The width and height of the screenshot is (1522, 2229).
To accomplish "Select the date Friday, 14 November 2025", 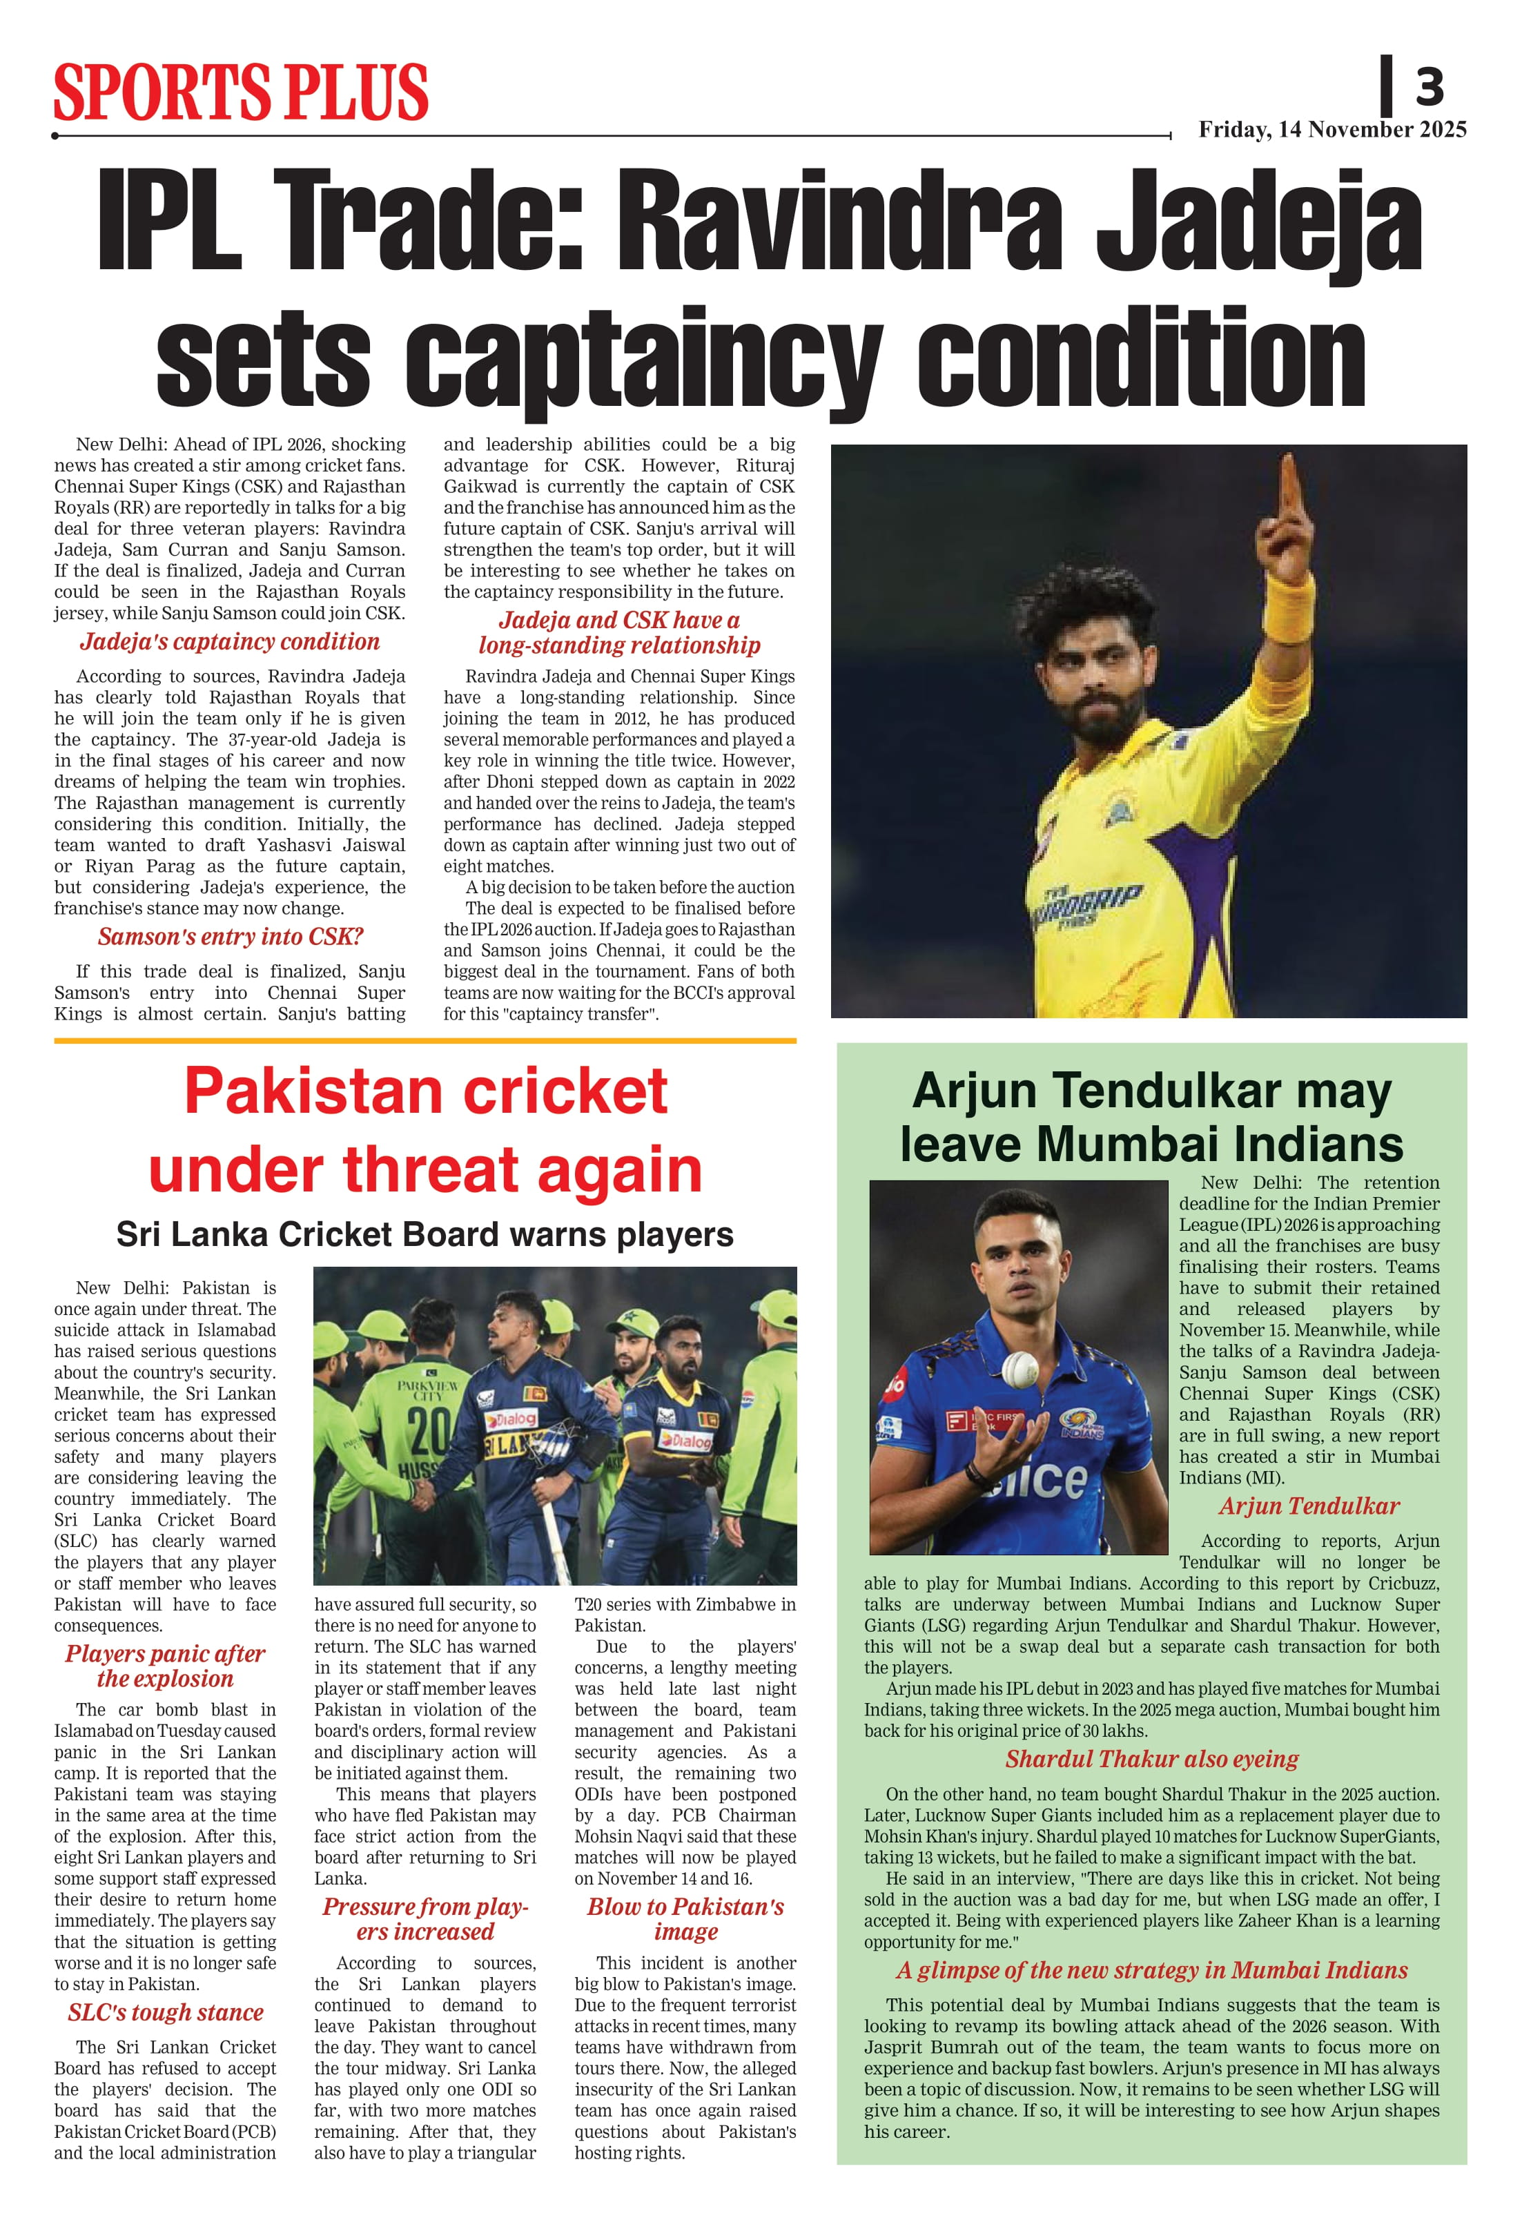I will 1332,130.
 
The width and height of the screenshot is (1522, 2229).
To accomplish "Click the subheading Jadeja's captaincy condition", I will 230,642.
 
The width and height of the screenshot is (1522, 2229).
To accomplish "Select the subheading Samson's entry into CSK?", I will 230,937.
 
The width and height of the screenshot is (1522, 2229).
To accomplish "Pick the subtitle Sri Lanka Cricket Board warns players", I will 425,1234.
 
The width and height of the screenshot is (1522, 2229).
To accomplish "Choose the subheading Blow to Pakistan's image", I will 685,1919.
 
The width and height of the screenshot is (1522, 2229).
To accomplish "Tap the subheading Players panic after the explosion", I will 165,1666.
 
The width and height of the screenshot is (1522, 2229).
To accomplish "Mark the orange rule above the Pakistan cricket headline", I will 425,1041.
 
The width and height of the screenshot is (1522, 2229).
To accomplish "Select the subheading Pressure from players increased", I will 425,1919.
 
